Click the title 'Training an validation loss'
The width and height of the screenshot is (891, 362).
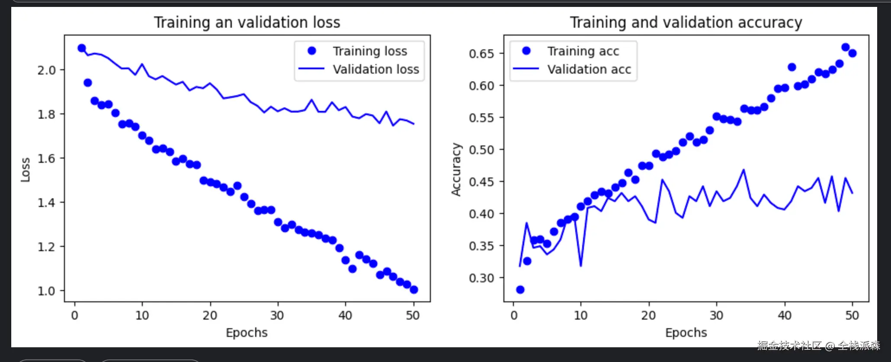pyautogui.click(x=247, y=23)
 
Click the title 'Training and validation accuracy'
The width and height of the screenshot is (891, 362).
pyautogui.click(x=686, y=23)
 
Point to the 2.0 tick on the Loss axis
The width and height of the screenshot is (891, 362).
pyautogui.click(x=46, y=70)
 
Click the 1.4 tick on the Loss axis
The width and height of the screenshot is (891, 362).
pyautogui.click(x=46, y=203)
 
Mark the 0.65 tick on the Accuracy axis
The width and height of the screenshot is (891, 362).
pyautogui.click(x=481, y=54)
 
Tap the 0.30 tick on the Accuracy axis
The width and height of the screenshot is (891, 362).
pyautogui.click(x=481, y=278)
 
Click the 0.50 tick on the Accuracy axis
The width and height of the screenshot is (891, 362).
pyautogui.click(x=481, y=150)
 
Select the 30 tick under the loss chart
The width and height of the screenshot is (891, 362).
pyautogui.click(x=277, y=315)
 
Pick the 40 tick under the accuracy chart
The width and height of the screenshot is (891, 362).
pyautogui.click(x=784, y=315)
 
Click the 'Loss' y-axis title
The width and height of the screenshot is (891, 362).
pyautogui.click(x=26, y=169)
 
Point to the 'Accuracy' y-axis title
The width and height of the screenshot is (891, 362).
pyautogui.click(x=456, y=169)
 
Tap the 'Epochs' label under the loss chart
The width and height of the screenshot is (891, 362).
pyautogui.click(x=247, y=333)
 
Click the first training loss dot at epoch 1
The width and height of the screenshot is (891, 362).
pyautogui.click(x=82, y=48)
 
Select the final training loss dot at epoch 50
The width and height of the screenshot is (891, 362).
pyautogui.click(x=414, y=290)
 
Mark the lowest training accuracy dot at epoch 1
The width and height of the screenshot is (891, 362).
pyautogui.click(x=520, y=290)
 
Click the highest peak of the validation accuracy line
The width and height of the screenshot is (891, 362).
pyautogui.click(x=744, y=170)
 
